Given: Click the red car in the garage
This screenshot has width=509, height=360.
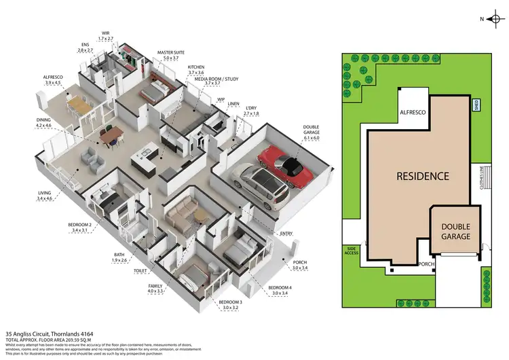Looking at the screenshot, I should pyautogui.click(x=284, y=162).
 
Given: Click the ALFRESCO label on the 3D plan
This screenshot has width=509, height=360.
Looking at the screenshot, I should pyautogui.click(x=53, y=78).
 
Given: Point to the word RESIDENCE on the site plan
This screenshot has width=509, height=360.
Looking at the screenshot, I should pyautogui.click(x=423, y=175).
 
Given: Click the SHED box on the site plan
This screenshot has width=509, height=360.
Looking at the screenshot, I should pyautogui.click(x=476, y=105).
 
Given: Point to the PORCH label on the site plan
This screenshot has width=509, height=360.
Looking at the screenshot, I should pyautogui.click(x=426, y=264).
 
